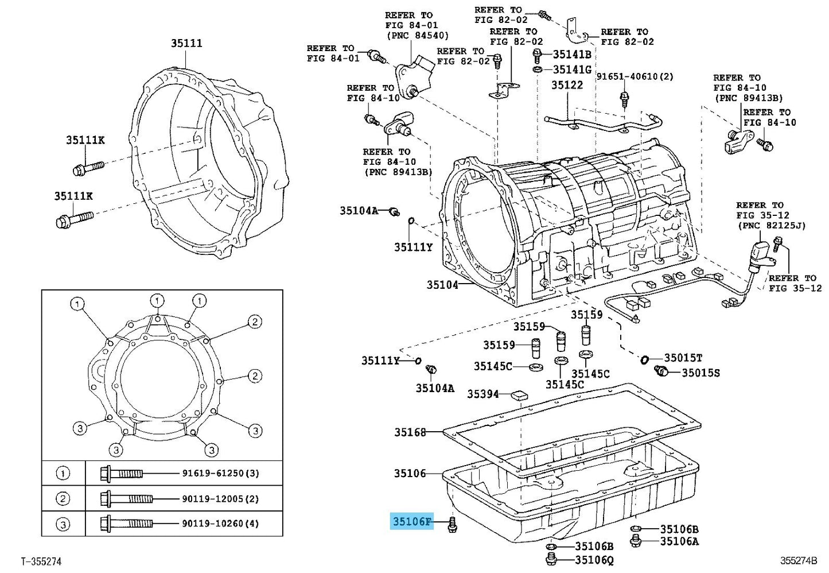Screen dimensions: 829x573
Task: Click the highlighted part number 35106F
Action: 412,521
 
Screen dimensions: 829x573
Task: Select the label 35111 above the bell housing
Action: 186,43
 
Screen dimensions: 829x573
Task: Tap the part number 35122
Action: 567,85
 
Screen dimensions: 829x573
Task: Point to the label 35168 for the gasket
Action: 410,432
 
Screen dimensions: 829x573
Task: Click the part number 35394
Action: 483,394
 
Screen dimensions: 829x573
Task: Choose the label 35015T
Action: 683,358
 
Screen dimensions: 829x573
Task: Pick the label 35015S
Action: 700,373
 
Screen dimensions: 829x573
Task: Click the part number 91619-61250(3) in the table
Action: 220,473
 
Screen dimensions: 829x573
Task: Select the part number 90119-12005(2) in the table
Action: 220,499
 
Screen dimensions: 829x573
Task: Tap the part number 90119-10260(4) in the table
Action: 220,524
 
